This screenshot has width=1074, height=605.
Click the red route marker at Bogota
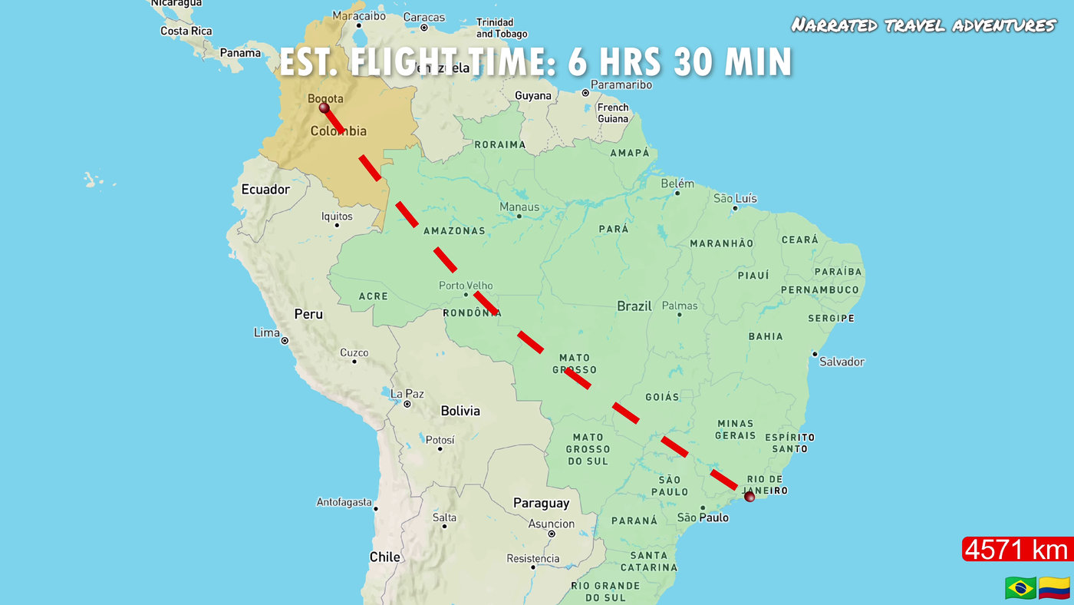click(x=324, y=108)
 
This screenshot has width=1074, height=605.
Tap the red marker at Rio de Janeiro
click(x=749, y=498)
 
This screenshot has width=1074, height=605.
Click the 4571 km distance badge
click(x=1016, y=550)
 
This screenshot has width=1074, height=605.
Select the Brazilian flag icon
click(x=1020, y=588)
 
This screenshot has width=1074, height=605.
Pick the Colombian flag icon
click(x=1054, y=588)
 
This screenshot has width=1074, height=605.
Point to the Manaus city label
click(x=519, y=207)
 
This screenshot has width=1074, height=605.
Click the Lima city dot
click(x=284, y=340)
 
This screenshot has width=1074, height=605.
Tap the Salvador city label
click(x=842, y=362)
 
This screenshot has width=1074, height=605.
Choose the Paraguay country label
click(x=541, y=504)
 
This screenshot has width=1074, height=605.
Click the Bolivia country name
click(x=460, y=411)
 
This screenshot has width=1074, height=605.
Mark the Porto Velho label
click(x=466, y=286)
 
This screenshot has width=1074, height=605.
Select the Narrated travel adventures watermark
click(x=924, y=25)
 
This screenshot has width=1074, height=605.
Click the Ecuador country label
click(x=265, y=190)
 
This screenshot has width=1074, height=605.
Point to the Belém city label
click(x=677, y=183)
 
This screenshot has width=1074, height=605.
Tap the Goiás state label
click(x=662, y=397)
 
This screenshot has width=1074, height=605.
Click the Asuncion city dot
click(x=551, y=534)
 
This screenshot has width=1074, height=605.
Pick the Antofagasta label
click(x=344, y=502)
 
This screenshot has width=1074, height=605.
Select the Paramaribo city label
click(x=621, y=84)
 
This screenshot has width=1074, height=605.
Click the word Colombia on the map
click(x=338, y=131)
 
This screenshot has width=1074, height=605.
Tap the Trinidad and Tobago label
click(x=502, y=28)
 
